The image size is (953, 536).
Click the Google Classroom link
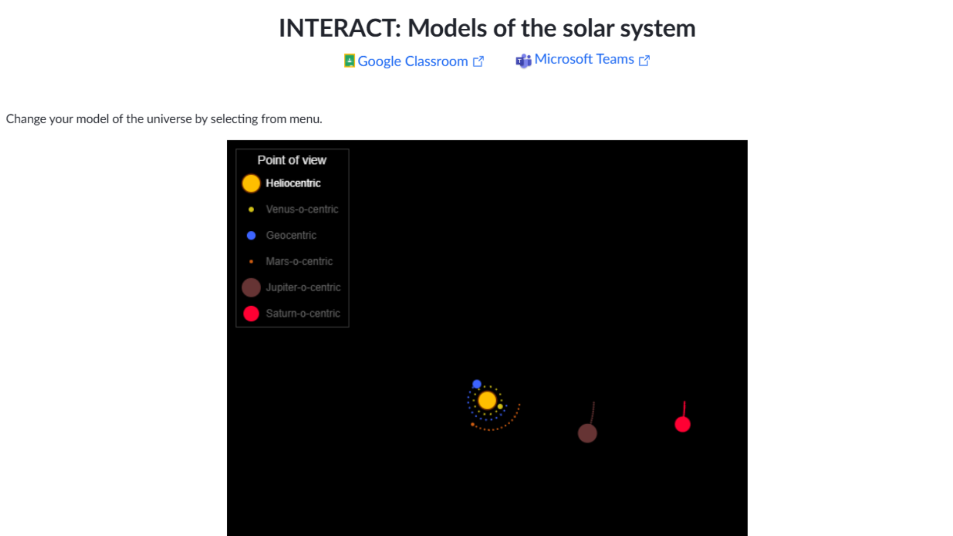tap(413, 61)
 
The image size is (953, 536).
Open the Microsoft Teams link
tap(584, 59)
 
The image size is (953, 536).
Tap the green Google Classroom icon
tap(349, 61)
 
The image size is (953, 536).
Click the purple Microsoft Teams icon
tap(523, 61)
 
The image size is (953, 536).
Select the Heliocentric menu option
tap(293, 183)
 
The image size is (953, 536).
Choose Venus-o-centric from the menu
tap(302, 209)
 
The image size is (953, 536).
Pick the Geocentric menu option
tap(291, 235)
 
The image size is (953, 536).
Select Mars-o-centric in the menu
tap(299, 262)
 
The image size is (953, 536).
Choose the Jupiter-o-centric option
tap(303, 287)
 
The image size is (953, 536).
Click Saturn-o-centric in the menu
tap(303, 314)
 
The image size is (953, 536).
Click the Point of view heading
tap(292, 160)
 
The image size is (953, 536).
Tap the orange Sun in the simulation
tap(487, 400)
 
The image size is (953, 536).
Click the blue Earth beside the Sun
tap(476, 384)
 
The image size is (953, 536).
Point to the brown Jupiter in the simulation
tap(587, 433)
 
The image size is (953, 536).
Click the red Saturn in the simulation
tap(682, 424)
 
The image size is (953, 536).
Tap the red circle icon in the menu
tap(251, 314)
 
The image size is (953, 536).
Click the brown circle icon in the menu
tap(251, 287)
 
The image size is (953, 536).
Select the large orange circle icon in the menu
tap(251, 183)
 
